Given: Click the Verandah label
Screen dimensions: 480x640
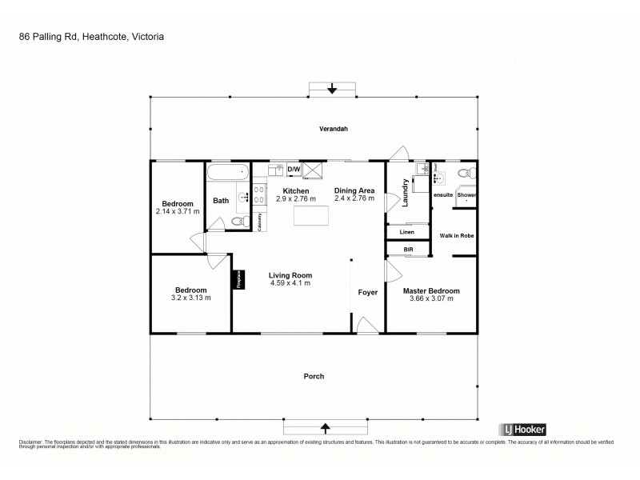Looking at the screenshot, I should coord(333,129).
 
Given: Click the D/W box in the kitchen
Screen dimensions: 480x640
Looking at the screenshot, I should coord(294,170).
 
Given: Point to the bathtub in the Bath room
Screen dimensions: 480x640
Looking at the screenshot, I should coord(228,172).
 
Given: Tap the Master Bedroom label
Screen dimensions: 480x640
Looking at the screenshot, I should coord(431,290).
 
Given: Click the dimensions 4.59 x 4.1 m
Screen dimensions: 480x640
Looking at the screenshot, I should coord(290,283).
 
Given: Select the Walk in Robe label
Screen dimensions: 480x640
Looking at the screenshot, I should coord(457,235).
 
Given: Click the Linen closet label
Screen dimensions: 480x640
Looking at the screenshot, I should coord(407,232).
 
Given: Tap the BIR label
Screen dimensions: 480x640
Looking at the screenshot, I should coord(408,250).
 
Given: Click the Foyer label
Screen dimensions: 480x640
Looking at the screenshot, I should coord(367,293).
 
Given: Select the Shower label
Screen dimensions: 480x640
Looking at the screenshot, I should coord(466,195).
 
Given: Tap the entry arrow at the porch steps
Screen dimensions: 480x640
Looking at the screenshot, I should coord(325,426).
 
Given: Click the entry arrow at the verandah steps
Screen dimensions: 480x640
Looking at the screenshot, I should coord(333,89).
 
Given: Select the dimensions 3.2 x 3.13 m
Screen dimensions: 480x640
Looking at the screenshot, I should coord(191,298).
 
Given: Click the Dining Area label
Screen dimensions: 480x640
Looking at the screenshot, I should coord(354,190).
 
